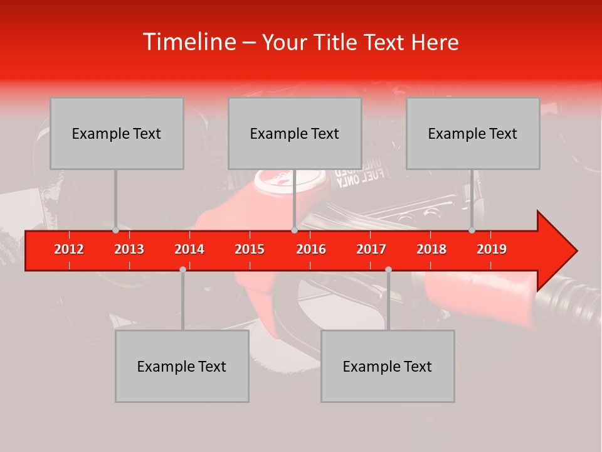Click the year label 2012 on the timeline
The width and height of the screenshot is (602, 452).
pos(69,249)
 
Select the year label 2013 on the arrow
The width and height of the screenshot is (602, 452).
pos(129,249)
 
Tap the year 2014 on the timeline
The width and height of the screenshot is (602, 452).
pos(189,249)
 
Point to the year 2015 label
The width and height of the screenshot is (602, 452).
pos(250,249)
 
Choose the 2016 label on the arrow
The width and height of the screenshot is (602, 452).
pos(311,249)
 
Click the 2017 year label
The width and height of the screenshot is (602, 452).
pos(371,249)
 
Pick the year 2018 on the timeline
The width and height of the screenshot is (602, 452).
pos(431,249)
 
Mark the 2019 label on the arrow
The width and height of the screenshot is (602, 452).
pos(492,249)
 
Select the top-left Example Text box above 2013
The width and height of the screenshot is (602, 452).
pos(117,134)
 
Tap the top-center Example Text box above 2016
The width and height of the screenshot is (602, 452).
pos(295,134)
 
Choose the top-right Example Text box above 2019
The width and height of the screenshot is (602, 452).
pos(473,134)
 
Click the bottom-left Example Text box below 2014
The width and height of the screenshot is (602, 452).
pos(182,367)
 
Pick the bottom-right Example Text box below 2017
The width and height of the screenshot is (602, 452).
pos(388,367)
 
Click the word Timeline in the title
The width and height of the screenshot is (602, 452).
pos(189,42)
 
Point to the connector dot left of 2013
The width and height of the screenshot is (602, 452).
pos(115,230)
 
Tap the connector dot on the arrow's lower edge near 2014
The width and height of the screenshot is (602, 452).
pos(182,269)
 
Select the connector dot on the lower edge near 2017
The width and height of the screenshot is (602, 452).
pos(388,269)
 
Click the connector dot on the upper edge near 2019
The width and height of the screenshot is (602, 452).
pos(472,230)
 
